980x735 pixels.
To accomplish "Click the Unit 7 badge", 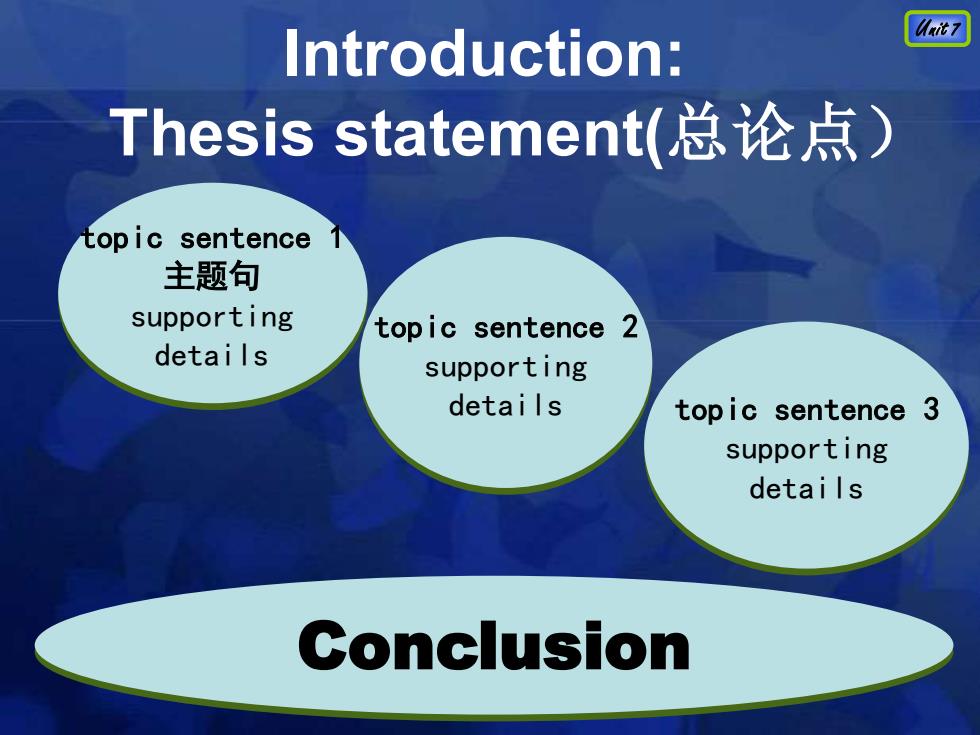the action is pyautogui.click(x=937, y=29).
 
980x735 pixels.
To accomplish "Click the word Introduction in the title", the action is pyautogui.click(x=469, y=54).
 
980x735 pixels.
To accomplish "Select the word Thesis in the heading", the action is pyautogui.click(x=211, y=132).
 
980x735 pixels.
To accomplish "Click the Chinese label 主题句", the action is pyautogui.click(x=211, y=276).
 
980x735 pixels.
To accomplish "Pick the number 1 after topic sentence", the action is pyautogui.click(x=336, y=238).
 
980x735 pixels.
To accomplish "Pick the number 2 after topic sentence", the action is pyautogui.click(x=629, y=327).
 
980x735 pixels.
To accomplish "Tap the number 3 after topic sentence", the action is pyautogui.click(x=931, y=409).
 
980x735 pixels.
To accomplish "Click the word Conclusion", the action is pyautogui.click(x=494, y=646).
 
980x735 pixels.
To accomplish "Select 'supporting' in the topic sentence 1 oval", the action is pyautogui.click(x=212, y=318).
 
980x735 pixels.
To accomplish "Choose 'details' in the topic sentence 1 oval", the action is pyautogui.click(x=211, y=355).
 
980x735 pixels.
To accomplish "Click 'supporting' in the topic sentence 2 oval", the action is pyautogui.click(x=506, y=368).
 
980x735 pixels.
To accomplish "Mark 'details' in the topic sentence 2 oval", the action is pyautogui.click(x=505, y=405).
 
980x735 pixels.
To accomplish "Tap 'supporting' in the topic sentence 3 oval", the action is pyautogui.click(x=806, y=450).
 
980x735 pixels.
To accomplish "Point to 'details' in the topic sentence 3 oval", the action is pyautogui.click(x=806, y=488).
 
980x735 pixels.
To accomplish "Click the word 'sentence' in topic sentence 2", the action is pyautogui.click(x=539, y=328).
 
